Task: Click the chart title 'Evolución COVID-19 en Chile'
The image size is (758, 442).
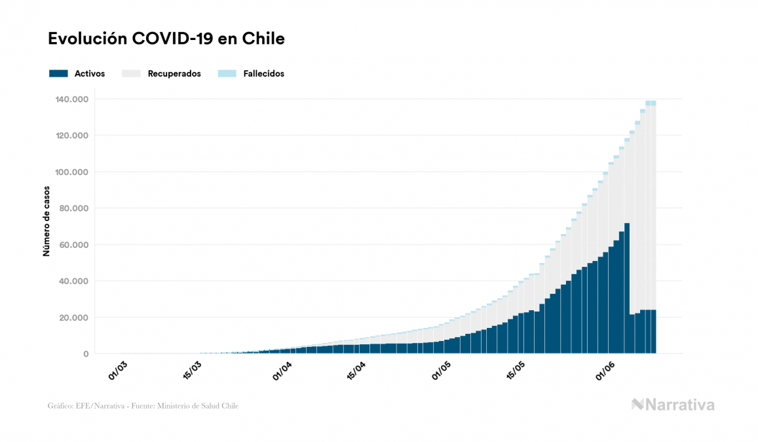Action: pos(166,39)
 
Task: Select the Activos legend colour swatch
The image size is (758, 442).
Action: pos(58,73)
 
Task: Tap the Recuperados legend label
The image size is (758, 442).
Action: pos(174,73)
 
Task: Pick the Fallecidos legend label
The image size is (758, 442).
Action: pos(263,73)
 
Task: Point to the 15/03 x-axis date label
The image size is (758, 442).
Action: pos(192,370)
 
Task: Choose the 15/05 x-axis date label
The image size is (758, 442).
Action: pos(516,370)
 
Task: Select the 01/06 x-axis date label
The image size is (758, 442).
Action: pos(605,370)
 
